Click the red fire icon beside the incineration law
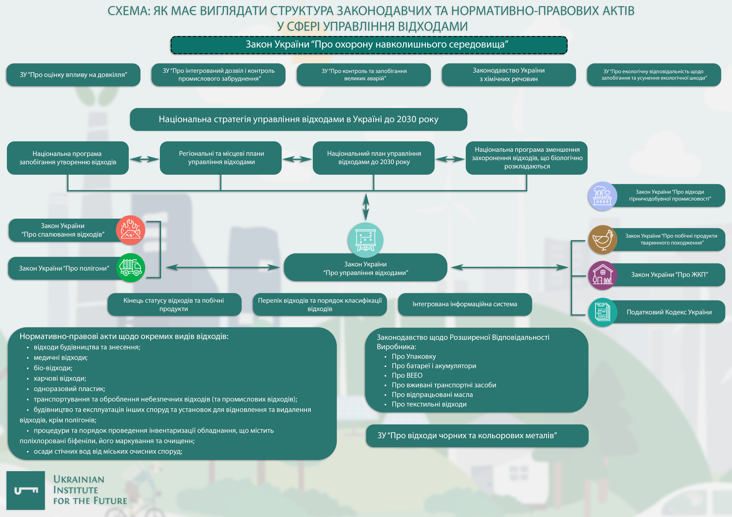[x=130, y=230]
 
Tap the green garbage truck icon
[x=130, y=268]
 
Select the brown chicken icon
[x=603, y=240]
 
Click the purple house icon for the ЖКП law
[x=603, y=275]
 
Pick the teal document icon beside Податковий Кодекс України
[x=603, y=312]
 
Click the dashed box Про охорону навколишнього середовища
[x=369, y=45]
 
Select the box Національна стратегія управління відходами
[x=298, y=119]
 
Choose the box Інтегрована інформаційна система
[x=464, y=304]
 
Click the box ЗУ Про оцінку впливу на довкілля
[x=73, y=75]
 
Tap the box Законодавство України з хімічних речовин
[x=509, y=75]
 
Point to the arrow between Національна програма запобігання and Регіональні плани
[x=144, y=159]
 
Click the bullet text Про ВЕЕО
[x=407, y=376]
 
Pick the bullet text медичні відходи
[x=61, y=358]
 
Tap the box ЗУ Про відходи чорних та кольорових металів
[x=477, y=435]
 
